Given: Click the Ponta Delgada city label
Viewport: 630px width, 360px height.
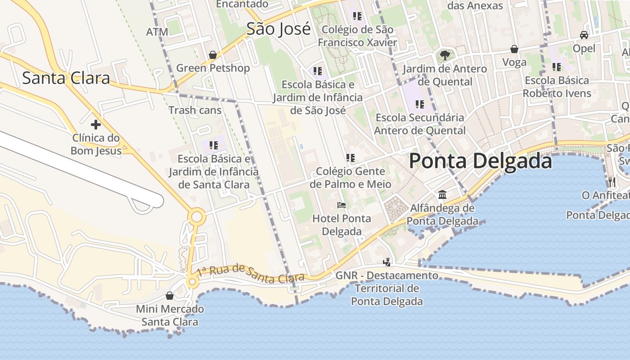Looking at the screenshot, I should coord(480,161).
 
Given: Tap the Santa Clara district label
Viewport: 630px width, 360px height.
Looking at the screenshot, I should coord(66,78).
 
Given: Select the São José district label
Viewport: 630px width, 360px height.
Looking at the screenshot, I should coord(279,29).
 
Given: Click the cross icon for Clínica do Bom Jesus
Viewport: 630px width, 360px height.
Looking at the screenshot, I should coord(95,124).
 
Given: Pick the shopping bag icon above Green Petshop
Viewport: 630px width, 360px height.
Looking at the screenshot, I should coord(212,55).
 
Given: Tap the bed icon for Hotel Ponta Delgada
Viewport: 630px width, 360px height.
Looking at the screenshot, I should coord(342,205).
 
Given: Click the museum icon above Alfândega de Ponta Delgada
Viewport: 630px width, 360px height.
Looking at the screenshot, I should coord(442,195).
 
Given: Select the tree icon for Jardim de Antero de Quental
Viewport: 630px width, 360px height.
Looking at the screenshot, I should coord(445,55).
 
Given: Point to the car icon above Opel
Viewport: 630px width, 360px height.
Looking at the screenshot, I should coord(584,35).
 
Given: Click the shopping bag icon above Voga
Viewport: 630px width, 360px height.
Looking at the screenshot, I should coord(514,49).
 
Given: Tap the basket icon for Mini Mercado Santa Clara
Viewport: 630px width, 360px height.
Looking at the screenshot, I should coord(170,296).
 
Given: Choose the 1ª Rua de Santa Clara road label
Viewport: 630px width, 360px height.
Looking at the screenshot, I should coord(251,274).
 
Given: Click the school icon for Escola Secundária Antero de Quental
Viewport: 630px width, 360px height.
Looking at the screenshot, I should coord(419,104).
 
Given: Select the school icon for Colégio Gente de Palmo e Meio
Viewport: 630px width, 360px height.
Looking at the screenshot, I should coord(350,158).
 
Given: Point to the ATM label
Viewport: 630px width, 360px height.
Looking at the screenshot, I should coord(157,32).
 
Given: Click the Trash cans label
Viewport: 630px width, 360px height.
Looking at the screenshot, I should coord(195,110).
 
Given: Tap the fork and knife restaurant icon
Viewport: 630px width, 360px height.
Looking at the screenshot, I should coord(612,182).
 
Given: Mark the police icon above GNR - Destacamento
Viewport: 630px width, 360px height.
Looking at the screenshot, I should coord(387,262).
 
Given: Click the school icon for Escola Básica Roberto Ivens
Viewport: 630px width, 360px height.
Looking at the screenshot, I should coord(557,67).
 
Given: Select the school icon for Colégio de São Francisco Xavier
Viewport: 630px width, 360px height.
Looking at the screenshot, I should coord(357,17).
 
